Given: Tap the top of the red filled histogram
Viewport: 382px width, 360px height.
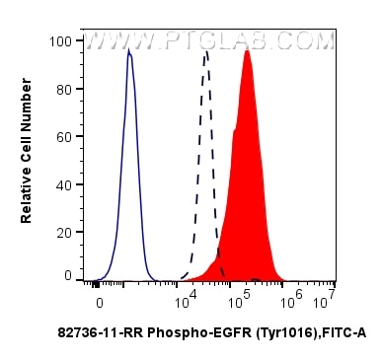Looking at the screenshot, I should pos(247,50).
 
